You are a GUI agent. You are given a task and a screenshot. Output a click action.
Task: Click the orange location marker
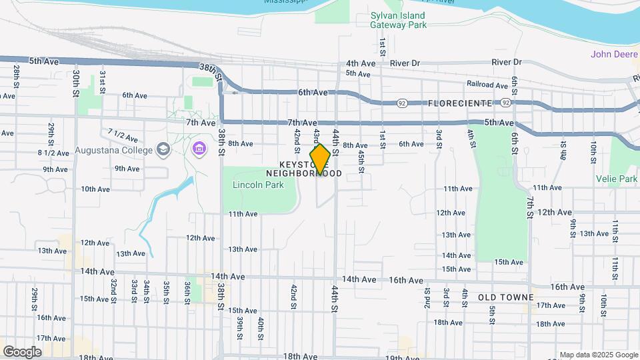click(320, 159)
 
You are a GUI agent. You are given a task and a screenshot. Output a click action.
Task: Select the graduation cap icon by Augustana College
click(163, 149)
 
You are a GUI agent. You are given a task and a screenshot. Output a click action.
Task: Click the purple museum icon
click(199, 149)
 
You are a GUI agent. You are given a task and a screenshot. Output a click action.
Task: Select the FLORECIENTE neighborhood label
click(460, 103)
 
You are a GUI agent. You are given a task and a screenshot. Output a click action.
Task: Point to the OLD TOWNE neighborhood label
click(506, 297)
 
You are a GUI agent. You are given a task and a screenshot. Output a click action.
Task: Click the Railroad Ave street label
click(487, 85)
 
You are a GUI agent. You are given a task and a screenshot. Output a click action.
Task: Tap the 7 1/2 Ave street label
click(123, 137)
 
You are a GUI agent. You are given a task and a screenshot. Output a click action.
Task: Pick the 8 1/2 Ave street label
click(53, 153)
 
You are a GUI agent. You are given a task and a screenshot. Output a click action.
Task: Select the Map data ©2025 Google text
click(598, 355)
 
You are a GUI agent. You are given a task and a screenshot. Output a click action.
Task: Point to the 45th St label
click(361, 161)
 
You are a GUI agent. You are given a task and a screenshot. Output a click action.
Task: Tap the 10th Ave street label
click(95, 189)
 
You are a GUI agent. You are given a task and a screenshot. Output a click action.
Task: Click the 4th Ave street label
click(361, 63)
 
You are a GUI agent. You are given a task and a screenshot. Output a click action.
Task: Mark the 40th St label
click(261, 327)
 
